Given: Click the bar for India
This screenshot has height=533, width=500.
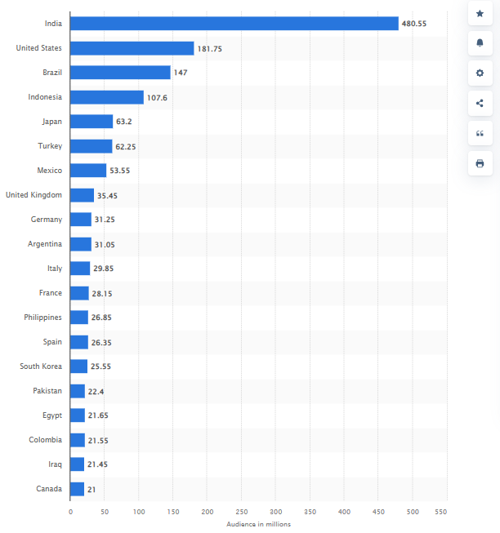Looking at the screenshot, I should (x=234, y=24).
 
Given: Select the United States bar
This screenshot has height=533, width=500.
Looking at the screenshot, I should (x=132, y=48).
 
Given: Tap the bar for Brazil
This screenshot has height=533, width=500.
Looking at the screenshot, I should (x=120, y=73).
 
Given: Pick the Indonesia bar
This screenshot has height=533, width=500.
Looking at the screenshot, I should (x=106, y=97).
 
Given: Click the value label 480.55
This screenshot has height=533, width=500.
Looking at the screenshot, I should (x=413, y=24).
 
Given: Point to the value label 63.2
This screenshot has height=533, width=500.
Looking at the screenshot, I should (x=124, y=122).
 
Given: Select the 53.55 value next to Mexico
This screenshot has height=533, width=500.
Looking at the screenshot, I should (x=119, y=171).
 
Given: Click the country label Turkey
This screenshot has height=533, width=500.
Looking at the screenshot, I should (x=51, y=146).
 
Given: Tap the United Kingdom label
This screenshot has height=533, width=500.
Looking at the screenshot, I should (x=33, y=195).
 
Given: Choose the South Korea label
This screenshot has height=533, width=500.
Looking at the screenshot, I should (x=41, y=366).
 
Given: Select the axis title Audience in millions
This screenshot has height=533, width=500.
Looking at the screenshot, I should (x=258, y=524).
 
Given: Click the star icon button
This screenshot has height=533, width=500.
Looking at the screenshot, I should (x=480, y=14).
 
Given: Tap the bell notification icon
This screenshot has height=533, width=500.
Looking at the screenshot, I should (x=480, y=43).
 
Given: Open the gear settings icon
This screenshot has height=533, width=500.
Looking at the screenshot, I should (x=480, y=73).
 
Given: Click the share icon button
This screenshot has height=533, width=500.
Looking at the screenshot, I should (x=480, y=104).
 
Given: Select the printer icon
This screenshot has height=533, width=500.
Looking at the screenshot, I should (x=480, y=163).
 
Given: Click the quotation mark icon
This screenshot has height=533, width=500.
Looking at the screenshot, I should (x=480, y=133).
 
